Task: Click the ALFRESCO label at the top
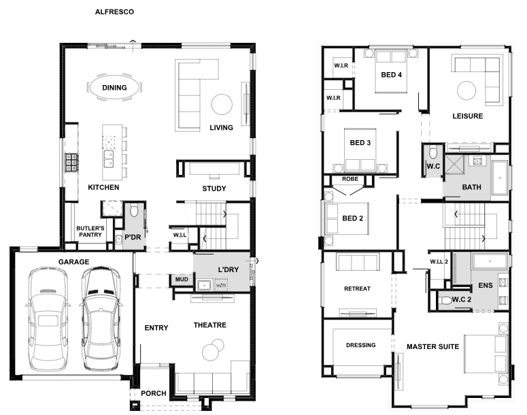tap(114, 12)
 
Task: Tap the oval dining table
tap(114, 88)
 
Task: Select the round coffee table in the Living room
tap(222, 104)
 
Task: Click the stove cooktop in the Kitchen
tap(71, 163)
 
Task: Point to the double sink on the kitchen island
tap(109, 159)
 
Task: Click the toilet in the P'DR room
tap(134, 210)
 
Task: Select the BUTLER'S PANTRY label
tap(90, 231)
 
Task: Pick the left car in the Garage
tap(48, 319)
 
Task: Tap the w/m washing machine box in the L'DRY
tap(221, 285)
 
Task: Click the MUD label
tap(182, 280)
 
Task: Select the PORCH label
tap(153, 393)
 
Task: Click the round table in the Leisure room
tap(466, 90)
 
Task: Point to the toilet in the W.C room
tap(433, 152)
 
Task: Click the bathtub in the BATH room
tap(499, 178)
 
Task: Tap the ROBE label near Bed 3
tap(350, 179)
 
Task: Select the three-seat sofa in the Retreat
tap(358, 262)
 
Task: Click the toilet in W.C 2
tap(446, 300)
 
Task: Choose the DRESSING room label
tap(360, 345)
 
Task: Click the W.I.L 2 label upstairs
tap(439, 262)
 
